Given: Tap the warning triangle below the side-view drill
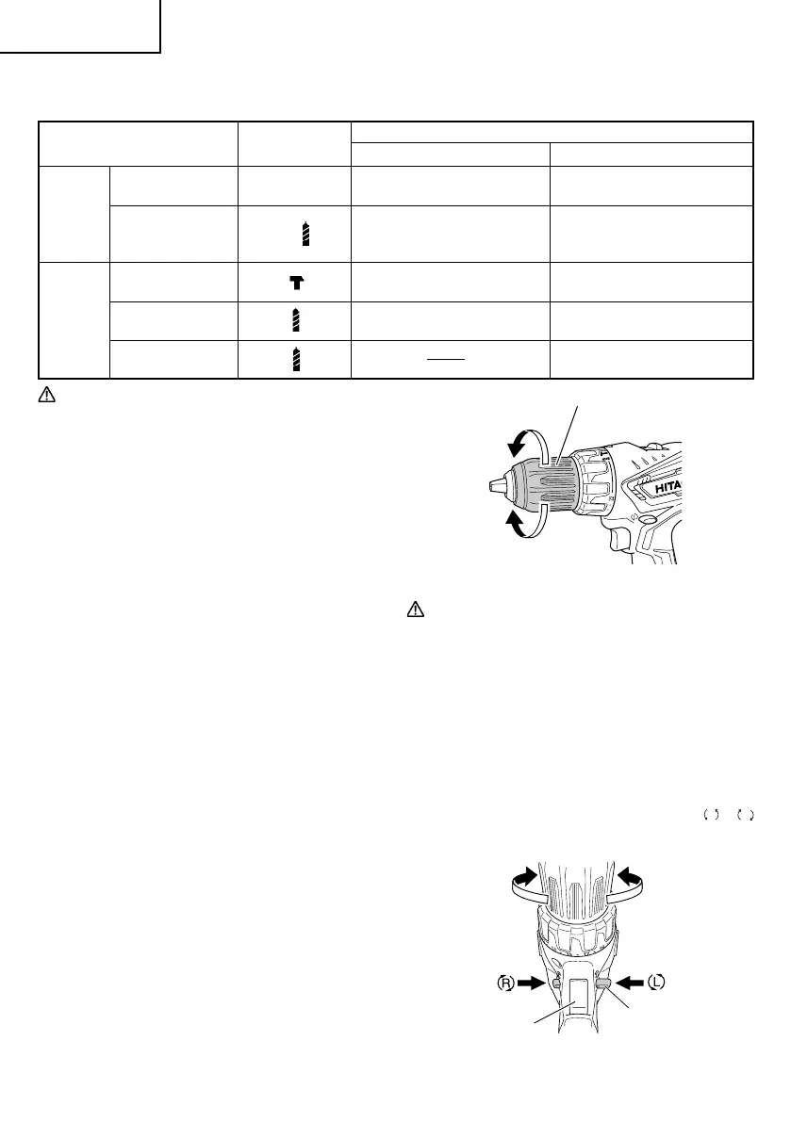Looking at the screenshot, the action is click(411, 610).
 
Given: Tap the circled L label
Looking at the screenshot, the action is click(657, 982).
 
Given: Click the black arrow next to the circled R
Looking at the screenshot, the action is click(535, 982).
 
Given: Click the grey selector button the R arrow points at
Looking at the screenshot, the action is click(556, 983).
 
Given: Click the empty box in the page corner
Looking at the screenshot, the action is click(80, 25).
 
